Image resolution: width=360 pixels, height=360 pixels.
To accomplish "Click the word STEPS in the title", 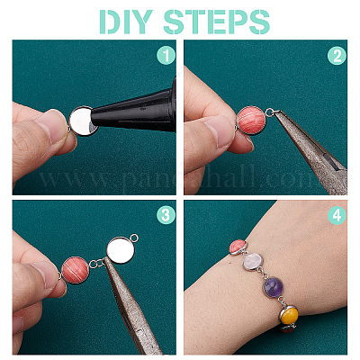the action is click(x=217, y=22).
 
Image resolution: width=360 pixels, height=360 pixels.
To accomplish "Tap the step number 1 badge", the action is click(x=166, y=55).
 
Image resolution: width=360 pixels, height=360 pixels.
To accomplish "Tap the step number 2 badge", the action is click(x=337, y=55).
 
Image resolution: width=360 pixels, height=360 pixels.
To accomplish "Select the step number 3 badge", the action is click(x=166, y=215).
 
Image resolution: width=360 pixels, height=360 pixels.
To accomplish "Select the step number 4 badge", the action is click(x=337, y=215).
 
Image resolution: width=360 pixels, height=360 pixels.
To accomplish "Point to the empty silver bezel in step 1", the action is click(x=82, y=121).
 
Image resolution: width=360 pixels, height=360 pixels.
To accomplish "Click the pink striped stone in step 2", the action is click(x=251, y=120).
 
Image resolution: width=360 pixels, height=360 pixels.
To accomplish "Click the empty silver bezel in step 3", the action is click(x=121, y=249).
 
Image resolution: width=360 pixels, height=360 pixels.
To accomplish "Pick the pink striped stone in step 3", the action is click(x=75, y=270).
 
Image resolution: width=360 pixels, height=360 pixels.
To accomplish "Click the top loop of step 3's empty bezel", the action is click(x=135, y=238).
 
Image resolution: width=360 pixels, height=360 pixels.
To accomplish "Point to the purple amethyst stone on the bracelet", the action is click(x=274, y=286).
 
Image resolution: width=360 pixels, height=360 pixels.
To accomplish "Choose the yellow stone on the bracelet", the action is click(x=290, y=315).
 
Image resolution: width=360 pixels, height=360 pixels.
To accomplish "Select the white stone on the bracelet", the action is click(x=252, y=262).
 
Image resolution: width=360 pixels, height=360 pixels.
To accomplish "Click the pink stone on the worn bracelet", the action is click(x=238, y=247).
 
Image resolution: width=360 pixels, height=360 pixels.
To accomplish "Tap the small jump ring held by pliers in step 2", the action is click(x=269, y=112).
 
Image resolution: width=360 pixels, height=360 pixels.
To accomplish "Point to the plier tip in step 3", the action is click(x=104, y=260).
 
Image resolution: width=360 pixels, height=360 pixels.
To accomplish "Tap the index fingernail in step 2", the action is click(x=220, y=131).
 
